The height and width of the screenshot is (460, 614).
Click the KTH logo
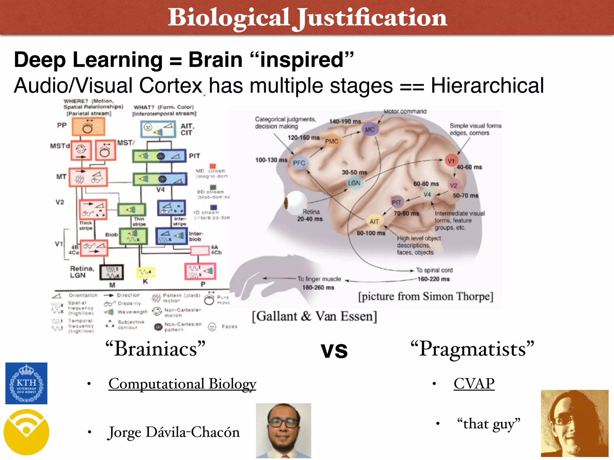(x=26, y=383)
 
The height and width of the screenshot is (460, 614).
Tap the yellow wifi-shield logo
(x=26, y=432)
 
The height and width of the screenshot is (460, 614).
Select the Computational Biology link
(x=182, y=384)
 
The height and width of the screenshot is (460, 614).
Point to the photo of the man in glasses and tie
(x=283, y=430)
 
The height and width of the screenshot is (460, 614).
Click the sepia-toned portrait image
(x=574, y=423)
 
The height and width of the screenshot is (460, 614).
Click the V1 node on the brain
(x=451, y=161)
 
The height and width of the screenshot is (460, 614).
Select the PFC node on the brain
(x=299, y=163)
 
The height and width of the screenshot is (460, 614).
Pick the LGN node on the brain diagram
(x=354, y=183)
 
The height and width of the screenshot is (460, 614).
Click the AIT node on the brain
(x=374, y=221)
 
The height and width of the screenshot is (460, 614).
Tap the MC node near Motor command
(x=370, y=129)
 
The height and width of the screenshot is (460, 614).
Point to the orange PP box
(x=88, y=127)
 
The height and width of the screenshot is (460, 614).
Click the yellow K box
(x=145, y=272)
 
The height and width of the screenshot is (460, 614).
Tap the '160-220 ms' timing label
(x=434, y=279)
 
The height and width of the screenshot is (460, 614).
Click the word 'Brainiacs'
(x=155, y=349)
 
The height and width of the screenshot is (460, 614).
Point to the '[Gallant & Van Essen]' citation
(x=314, y=316)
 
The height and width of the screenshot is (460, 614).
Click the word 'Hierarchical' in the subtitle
(x=487, y=86)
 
